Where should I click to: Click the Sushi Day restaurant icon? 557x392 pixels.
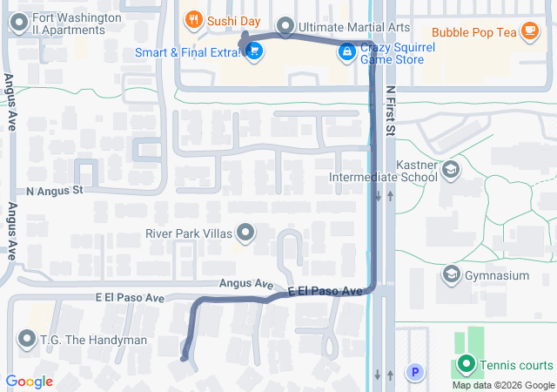pos(192,18)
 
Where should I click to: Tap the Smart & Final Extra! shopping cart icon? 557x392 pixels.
pos(254,52)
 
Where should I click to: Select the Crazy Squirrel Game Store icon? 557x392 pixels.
pos(346,52)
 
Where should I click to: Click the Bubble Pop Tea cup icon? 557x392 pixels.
pos(529,32)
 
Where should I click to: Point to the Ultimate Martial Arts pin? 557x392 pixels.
pos(285,27)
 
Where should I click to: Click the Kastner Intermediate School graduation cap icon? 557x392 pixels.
pos(451,169)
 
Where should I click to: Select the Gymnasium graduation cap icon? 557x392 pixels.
pos(451,275)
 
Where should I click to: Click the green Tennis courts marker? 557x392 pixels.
pos(466,365)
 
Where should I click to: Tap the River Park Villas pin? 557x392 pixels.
pos(246,233)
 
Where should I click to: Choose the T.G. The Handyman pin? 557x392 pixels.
pos(24,339)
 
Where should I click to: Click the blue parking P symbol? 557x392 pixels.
pos(415,374)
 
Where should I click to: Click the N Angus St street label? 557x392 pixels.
pos(54,190)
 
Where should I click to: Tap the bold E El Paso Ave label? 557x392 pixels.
pos(325,290)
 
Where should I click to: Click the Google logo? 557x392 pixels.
pos(29,382)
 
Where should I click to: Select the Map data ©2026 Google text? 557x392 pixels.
pos(502,385)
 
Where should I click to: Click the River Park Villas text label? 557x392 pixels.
pos(189,233)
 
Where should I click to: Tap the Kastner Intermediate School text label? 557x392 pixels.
pos(383,171)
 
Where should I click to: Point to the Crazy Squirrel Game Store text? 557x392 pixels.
pos(393,52)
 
